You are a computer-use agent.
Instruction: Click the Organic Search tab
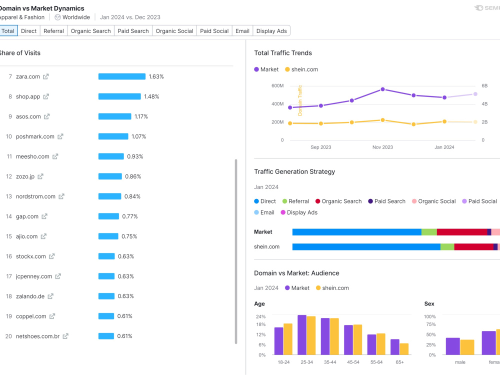point(90,31)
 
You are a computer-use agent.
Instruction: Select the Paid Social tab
point(214,31)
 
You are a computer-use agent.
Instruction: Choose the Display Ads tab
point(271,31)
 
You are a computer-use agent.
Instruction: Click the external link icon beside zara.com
point(46,76)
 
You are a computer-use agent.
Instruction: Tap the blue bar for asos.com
point(115,116)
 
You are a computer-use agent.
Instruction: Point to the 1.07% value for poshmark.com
point(138,136)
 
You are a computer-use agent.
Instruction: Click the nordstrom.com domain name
point(35,196)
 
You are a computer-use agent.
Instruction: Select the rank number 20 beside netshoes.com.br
point(8,336)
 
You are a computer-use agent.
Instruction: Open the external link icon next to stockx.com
point(51,256)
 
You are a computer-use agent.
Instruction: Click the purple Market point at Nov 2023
point(382,89)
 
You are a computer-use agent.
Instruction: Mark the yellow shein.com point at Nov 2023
point(382,120)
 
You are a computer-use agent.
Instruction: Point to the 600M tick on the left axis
point(277,86)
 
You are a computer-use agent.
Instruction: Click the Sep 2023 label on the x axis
point(321,147)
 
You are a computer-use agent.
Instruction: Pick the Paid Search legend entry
point(387,201)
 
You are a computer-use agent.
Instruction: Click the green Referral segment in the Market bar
point(429,232)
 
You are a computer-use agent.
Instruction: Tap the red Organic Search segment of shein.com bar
point(474,247)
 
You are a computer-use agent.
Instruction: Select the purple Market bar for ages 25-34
point(302,335)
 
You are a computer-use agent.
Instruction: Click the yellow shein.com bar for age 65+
point(404,349)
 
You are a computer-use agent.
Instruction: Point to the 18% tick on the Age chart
point(260,324)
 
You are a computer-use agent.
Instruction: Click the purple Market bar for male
point(453,346)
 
